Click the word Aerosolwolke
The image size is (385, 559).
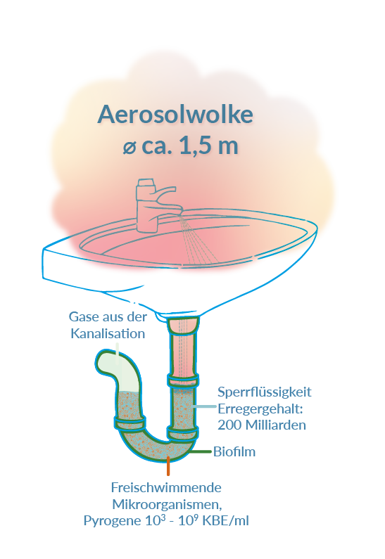click(x=175, y=115)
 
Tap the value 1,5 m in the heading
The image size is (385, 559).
click(x=208, y=146)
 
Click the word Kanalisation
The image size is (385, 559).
click(x=108, y=334)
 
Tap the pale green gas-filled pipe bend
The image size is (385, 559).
click(x=115, y=369)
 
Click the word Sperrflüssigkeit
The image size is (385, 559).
click(x=265, y=392)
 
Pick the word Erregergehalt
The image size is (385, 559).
click(x=260, y=409)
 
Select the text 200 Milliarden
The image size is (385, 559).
click(x=262, y=425)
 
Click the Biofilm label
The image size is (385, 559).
click(x=234, y=451)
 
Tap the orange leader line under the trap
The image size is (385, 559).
click(x=168, y=466)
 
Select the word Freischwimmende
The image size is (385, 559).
click(x=166, y=487)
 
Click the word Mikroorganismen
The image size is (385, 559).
click(x=167, y=504)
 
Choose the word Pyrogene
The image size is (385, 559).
click(x=113, y=521)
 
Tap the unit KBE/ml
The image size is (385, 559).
click(x=225, y=521)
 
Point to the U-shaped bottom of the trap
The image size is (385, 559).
click(x=157, y=447)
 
